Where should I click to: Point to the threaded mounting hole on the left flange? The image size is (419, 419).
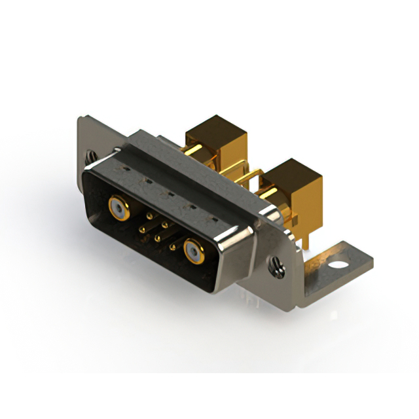[x=92, y=157]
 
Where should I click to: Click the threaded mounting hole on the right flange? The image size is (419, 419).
[x=275, y=264]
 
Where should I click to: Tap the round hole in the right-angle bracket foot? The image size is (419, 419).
[x=338, y=266]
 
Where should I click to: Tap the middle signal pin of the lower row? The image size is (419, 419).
[x=158, y=237]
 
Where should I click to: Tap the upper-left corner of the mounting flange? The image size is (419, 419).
[x=81, y=120]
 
